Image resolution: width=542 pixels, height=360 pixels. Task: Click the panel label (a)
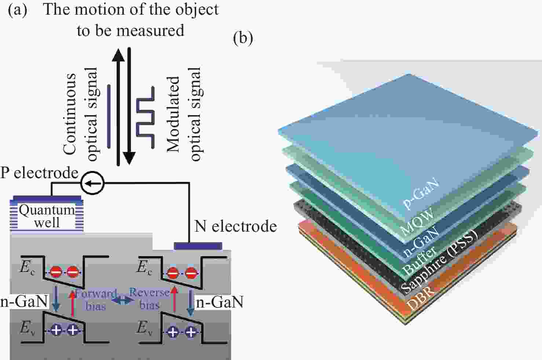17,11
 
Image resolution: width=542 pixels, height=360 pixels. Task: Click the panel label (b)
243,38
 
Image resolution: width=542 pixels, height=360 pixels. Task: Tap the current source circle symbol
92,183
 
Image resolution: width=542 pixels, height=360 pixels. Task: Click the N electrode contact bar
198,246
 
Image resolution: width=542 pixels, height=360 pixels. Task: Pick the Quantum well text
47,216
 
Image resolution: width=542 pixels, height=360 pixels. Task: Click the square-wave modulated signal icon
145,117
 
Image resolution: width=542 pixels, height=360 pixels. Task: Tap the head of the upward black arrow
118,55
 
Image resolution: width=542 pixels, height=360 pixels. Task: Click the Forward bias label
96,300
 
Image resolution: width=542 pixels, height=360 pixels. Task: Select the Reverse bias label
150,299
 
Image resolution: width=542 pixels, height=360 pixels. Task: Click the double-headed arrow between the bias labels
123,301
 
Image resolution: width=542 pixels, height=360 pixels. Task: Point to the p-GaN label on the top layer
421,193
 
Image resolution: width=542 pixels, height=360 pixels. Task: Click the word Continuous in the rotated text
69,114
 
